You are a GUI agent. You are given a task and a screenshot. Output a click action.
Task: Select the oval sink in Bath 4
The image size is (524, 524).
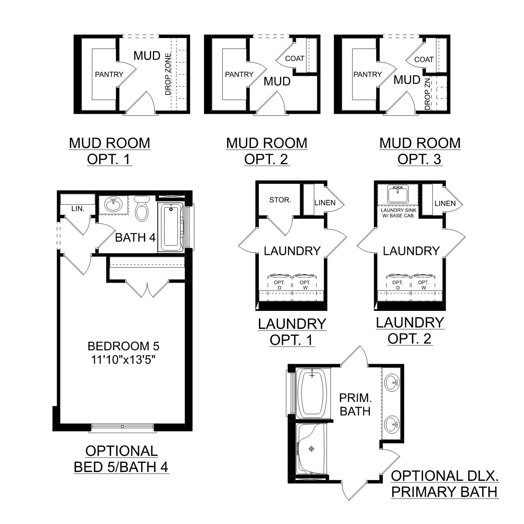113,204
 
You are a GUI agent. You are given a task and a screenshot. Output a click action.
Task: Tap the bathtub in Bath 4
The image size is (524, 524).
171,227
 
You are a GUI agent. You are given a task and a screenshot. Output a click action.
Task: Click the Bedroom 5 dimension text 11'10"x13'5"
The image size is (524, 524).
123,359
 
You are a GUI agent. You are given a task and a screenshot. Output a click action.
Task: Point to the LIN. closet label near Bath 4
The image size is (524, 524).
78,209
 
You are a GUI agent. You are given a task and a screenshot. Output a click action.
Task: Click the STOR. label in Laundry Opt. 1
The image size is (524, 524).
280,200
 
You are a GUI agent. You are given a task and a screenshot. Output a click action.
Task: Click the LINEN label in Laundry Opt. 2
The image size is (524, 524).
445,203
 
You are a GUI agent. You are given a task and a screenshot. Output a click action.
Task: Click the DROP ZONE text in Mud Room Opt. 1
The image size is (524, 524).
168,74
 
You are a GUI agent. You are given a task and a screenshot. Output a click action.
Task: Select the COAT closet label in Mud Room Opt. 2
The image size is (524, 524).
294,59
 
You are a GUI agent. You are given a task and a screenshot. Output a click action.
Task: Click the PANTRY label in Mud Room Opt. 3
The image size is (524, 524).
367,74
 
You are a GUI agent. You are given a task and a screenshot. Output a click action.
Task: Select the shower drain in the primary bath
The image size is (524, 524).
311,449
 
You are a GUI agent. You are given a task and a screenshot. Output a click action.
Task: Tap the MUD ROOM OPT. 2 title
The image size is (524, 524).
267,151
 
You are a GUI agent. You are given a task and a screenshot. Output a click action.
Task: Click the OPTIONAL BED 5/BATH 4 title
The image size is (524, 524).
122,459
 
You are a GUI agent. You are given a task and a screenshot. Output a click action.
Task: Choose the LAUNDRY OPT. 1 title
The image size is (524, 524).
292,332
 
